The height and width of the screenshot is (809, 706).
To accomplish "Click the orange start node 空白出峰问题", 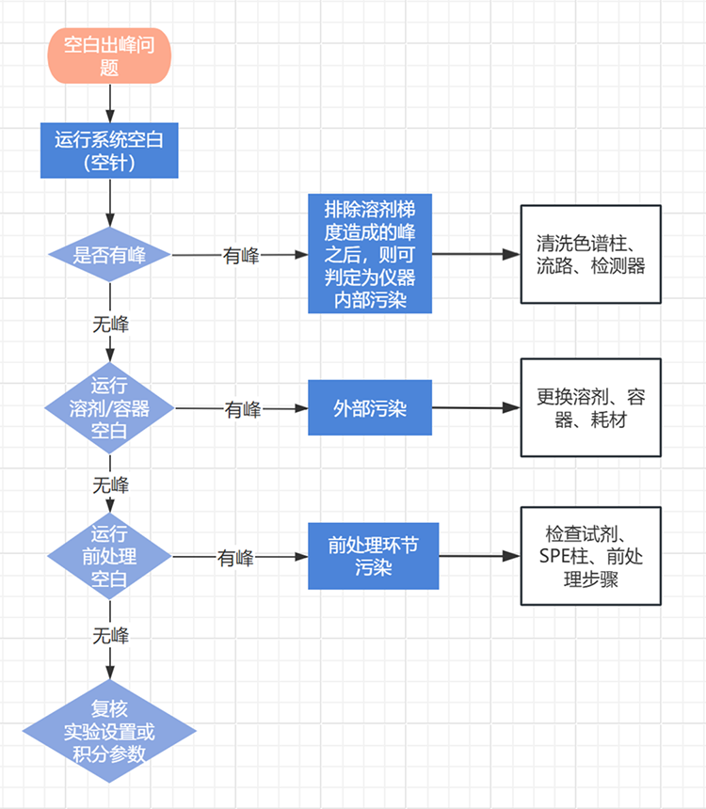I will (x=110, y=56).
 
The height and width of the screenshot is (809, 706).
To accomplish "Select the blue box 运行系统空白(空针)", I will (x=109, y=151).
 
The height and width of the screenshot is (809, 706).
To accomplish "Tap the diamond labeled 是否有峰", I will (x=110, y=255).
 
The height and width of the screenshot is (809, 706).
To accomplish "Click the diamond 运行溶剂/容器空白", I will (x=110, y=408).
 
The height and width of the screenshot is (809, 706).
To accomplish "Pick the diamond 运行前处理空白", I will (x=110, y=556).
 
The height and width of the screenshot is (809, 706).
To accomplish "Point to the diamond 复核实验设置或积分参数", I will (x=109, y=731).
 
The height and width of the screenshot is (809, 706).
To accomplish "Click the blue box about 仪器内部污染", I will (x=370, y=254).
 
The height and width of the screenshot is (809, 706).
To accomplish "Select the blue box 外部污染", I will (x=370, y=407).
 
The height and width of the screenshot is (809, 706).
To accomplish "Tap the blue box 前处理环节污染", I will (x=374, y=556).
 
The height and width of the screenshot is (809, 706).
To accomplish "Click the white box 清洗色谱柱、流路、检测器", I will (x=591, y=254).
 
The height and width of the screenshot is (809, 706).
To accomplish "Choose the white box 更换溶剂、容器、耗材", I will (x=591, y=407).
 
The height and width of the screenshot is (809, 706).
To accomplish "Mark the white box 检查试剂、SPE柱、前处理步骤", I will (x=591, y=556).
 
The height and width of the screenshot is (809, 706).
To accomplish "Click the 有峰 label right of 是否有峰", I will (x=241, y=255).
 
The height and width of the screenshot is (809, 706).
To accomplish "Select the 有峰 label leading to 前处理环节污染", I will (x=236, y=557).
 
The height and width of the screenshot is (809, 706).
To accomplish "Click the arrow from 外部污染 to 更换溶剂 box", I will (x=476, y=407).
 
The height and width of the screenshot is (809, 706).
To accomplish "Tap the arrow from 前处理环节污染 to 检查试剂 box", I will (x=480, y=556).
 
